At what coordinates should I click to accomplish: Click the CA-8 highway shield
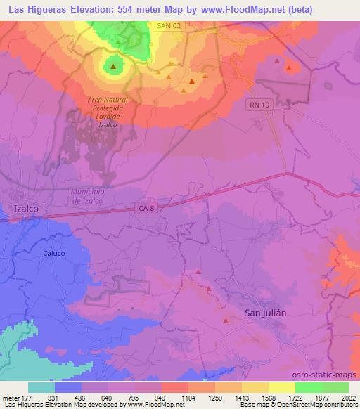click(x=146, y=207)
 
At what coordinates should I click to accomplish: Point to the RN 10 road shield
click(x=259, y=104)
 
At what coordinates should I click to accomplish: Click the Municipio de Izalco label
click(x=89, y=196)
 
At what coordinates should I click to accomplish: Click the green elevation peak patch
click(x=112, y=67)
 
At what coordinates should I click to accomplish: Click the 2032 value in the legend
click(x=347, y=398)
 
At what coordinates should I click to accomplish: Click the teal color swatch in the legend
click(x=41, y=387)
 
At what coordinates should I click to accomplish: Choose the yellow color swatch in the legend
click(x=282, y=387)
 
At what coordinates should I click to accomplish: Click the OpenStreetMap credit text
click(x=330, y=405)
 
